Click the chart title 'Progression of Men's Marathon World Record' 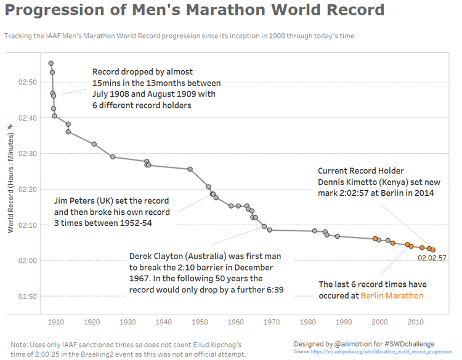(x=195, y=10)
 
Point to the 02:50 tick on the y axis (x=28, y=82)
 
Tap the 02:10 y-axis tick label (x=28, y=225)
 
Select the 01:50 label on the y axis (x=28, y=297)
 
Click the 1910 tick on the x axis (x=55, y=322)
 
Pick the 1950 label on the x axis (x=200, y=322)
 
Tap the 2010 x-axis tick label (x=416, y=322)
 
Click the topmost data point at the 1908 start (x=51, y=63)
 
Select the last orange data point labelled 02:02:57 (x=433, y=250)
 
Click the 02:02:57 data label (x=432, y=258)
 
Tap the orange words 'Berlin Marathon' (x=392, y=296)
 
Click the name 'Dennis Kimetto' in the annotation (x=347, y=182)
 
